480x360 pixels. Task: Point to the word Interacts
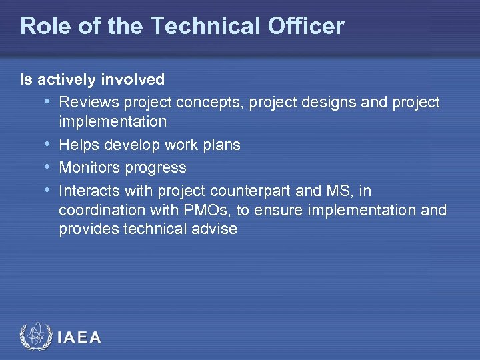click(89, 191)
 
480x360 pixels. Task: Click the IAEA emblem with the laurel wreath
click(34, 337)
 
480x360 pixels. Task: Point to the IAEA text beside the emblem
click(79, 338)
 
